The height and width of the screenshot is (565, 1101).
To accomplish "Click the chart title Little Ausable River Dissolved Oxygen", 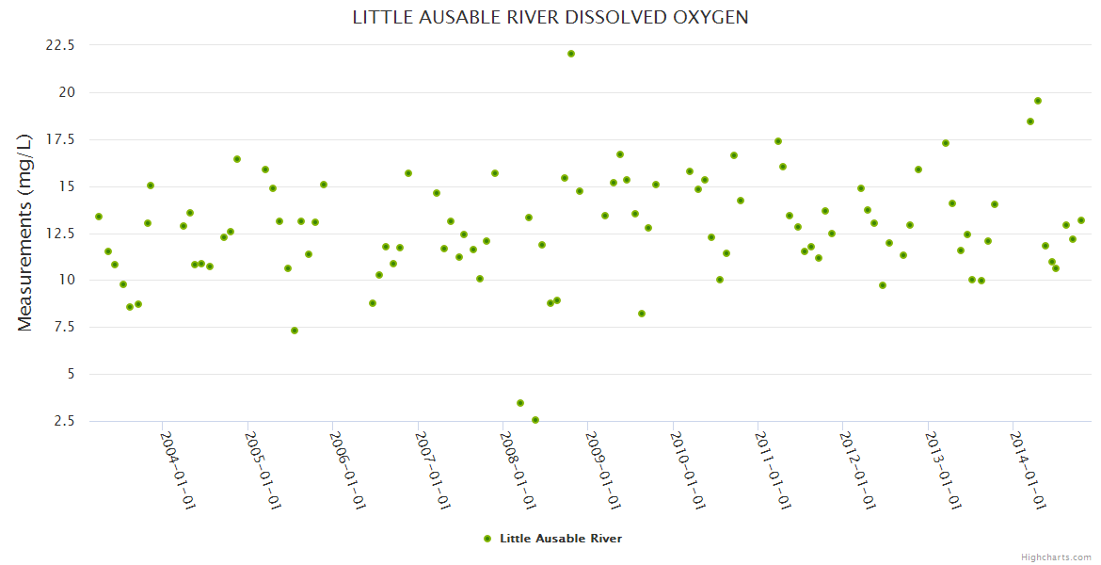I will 550,18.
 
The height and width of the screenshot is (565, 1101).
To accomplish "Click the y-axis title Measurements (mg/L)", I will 25,232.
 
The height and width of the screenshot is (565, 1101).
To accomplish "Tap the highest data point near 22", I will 571,54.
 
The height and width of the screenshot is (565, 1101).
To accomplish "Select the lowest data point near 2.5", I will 535,420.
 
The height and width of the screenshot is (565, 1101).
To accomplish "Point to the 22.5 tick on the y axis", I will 59,45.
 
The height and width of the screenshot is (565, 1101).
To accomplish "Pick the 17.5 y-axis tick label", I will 59,139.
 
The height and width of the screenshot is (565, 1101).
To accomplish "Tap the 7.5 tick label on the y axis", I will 63,327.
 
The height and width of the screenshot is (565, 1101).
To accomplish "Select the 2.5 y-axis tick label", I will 63,421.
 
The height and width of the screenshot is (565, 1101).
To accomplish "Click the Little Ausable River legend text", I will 561,539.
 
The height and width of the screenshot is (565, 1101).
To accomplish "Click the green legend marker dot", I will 487,539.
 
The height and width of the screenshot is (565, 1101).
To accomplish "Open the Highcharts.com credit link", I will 1056,557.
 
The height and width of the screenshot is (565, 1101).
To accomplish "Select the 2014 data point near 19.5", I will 1038,101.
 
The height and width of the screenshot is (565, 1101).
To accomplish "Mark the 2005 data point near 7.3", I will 295,331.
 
